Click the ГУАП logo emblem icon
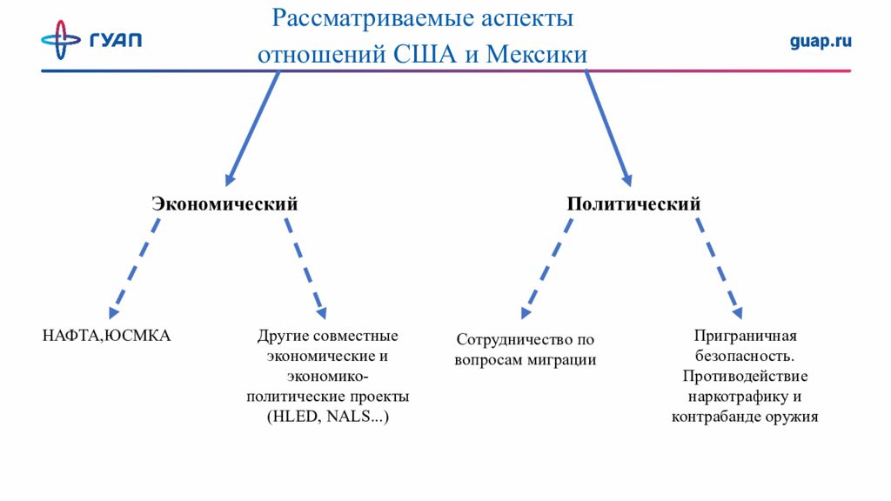click(x=60, y=39)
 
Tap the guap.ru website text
click(x=821, y=41)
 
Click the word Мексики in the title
click(x=537, y=54)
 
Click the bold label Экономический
click(x=224, y=204)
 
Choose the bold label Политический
click(x=633, y=204)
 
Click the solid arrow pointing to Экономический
click(x=251, y=129)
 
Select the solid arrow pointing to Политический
click(x=608, y=129)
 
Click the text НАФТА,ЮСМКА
click(x=106, y=335)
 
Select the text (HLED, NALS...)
click(x=327, y=417)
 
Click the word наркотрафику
click(x=733, y=397)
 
